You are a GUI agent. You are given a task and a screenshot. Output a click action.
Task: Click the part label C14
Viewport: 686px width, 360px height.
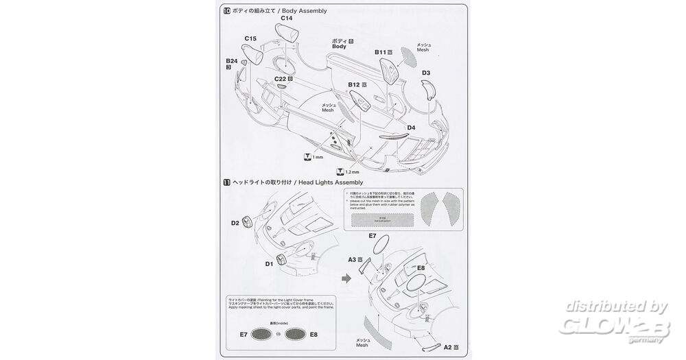click(286, 19)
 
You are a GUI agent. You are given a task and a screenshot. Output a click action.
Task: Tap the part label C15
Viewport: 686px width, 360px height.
click(250, 39)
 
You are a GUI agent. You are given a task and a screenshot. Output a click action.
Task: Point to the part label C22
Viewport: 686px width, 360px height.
click(281, 79)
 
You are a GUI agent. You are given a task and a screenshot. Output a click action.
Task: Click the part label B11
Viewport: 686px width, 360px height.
click(381, 52)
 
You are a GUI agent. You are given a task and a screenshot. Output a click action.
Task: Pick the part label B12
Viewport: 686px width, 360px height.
click(355, 84)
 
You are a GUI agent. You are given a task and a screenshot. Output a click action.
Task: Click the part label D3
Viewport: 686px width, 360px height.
click(426, 73)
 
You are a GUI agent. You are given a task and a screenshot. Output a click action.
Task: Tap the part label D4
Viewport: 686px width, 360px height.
click(411, 127)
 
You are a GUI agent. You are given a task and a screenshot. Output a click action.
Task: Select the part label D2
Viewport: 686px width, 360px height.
click(235, 222)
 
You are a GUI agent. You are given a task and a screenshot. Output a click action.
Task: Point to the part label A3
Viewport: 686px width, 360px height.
click(353, 260)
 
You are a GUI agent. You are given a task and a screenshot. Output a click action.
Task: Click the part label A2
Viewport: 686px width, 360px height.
click(448, 347)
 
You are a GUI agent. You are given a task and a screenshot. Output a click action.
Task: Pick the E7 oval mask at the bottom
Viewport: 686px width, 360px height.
click(263, 335)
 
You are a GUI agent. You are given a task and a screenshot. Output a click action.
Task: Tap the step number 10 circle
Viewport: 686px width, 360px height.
click(227, 11)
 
